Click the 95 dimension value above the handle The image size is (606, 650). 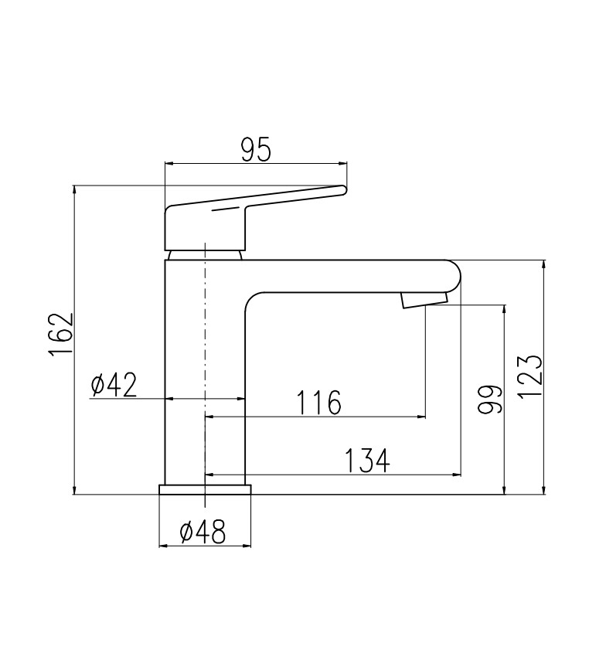click(256, 149)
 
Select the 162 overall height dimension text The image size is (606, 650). click(61, 334)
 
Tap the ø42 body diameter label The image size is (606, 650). click(114, 385)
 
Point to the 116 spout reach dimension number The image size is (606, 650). click(318, 403)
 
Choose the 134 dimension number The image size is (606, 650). click(367, 461)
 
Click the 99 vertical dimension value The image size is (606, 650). click(489, 400)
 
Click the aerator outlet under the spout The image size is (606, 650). click(424, 299)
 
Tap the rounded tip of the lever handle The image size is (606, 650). click(342, 190)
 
